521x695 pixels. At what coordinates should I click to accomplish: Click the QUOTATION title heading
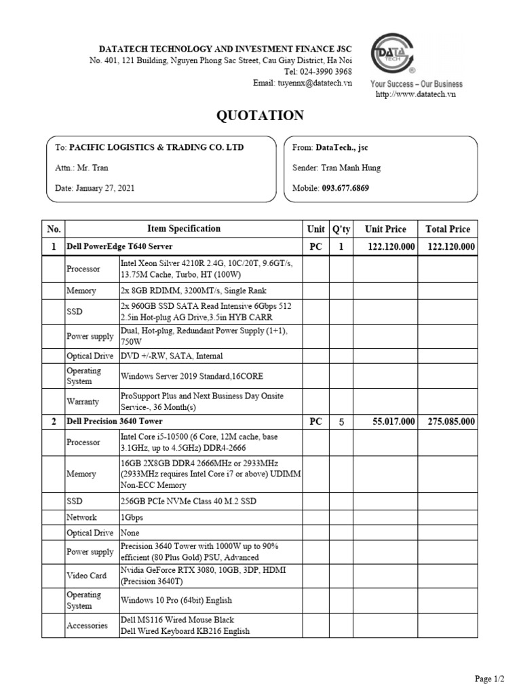click(260, 115)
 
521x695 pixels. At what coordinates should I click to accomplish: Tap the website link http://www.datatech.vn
click(416, 94)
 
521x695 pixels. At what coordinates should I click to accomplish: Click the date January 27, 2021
click(105, 188)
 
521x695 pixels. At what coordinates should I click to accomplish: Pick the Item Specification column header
click(184, 229)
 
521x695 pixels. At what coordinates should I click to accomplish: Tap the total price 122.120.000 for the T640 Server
click(450, 247)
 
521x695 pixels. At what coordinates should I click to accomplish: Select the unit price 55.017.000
click(393, 421)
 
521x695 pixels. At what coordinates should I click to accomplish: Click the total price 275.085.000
click(450, 421)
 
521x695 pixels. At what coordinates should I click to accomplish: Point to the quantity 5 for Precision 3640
click(342, 421)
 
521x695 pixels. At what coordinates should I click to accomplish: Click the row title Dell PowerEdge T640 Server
click(114, 247)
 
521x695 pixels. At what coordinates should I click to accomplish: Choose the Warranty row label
click(83, 401)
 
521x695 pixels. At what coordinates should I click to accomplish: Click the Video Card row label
click(86, 576)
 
